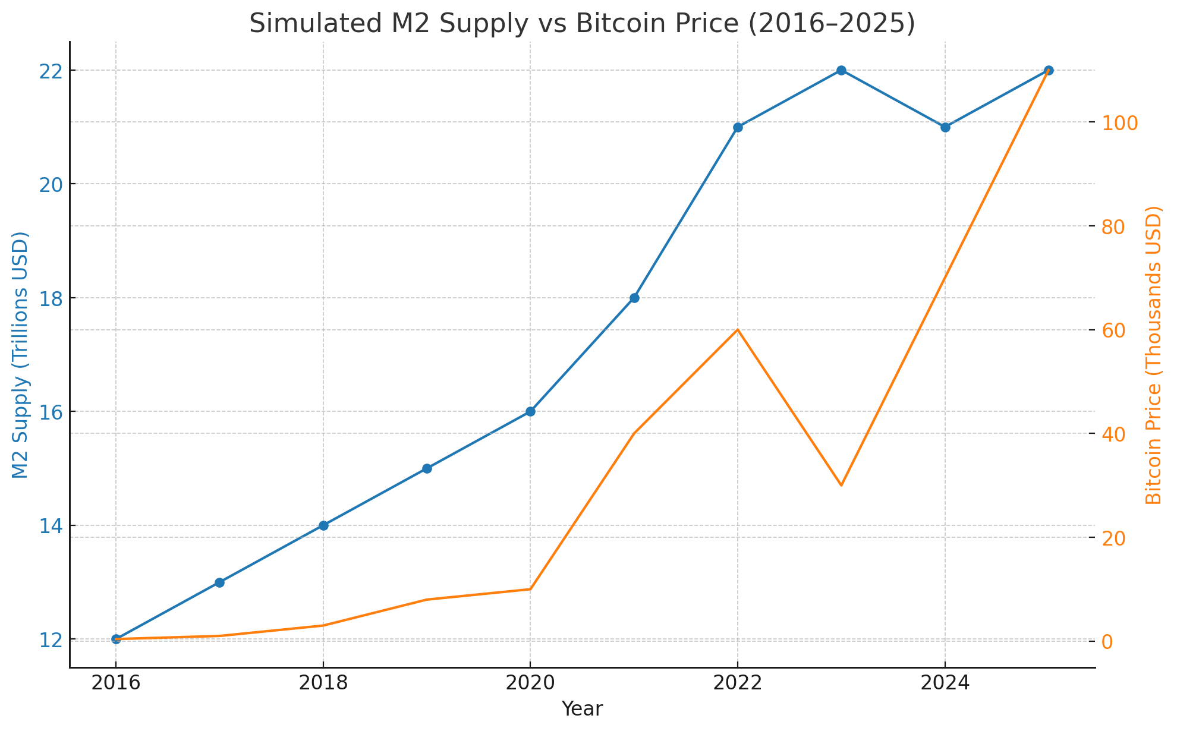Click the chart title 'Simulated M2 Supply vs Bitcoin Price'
tap(582, 24)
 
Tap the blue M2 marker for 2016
tap(116, 639)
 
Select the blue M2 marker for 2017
tap(219, 582)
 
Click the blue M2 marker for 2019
tap(427, 468)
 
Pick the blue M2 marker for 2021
tap(634, 298)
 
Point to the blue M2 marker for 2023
tap(841, 70)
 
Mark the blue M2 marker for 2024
tap(945, 127)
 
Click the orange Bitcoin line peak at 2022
tap(738, 329)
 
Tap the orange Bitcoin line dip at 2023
tap(841, 486)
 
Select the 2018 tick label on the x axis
tap(323, 683)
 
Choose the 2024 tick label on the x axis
tap(945, 683)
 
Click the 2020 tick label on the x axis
tap(530, 683)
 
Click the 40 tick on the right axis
tap(1115, 434)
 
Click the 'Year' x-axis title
tap(582, 709)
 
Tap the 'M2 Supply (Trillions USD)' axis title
tap(21, 355)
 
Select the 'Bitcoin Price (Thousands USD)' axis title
tap(1153, 355)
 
